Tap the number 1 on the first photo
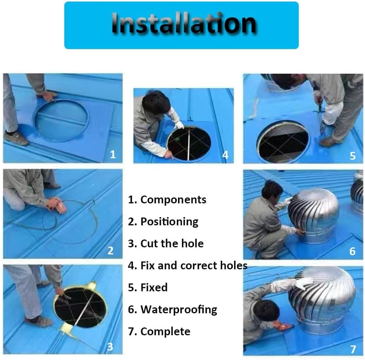pyautogui.click(x=113, y=154)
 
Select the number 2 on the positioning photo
pyautogui.click(x=111, y=250)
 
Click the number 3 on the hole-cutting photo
pyautogui.click(x=110, y=347)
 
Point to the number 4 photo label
pyautogui.click(x=225, y=155)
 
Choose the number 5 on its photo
pyautogui.click(x=352, y=155)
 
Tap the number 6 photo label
pyautogui.click(x=352, y=251)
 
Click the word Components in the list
pyautogui.click(x=173, y=199)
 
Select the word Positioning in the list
pyautogui.click(x=169, y=221)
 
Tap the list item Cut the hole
pyautogui.click(x=172, y=243)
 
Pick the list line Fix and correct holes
pyautogui.click(x=194, y=265)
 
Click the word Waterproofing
pyautogui.click(x=178, y=309)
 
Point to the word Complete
pyautogui.click(x=165, y=331)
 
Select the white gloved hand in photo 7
pyautogui.click(x=304, y=283)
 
